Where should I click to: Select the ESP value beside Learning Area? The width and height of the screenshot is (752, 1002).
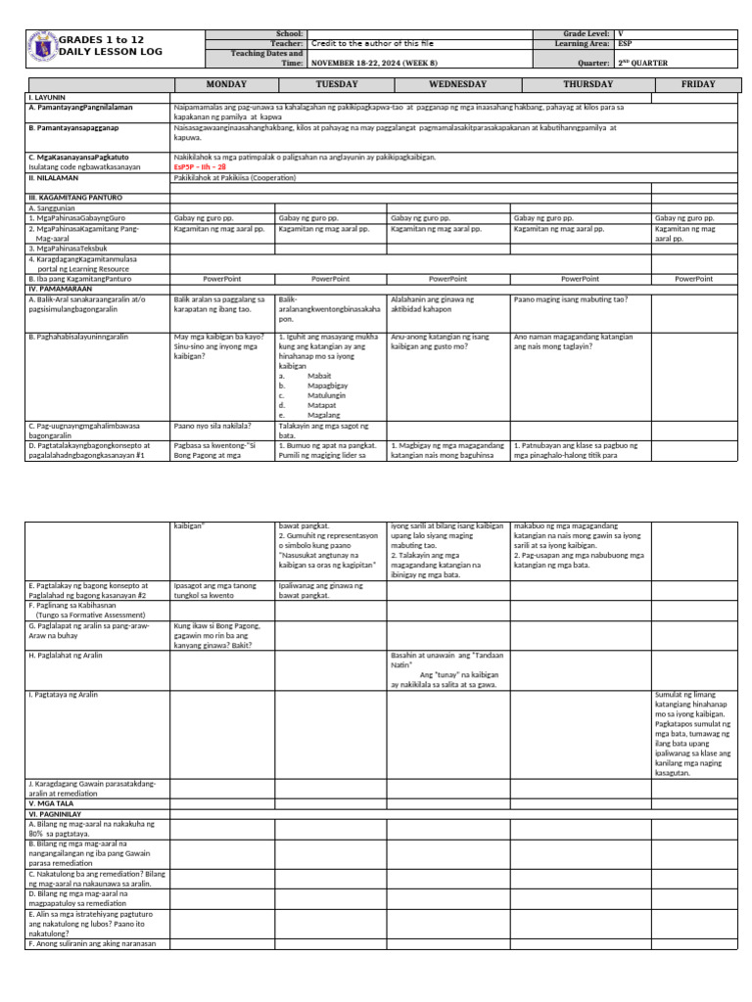(625, 43)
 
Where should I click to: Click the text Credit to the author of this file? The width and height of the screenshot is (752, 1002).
(374, 43)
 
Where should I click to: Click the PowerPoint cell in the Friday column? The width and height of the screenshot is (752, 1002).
(693, 279)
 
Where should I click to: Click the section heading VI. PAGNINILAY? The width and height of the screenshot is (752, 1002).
(61, 812)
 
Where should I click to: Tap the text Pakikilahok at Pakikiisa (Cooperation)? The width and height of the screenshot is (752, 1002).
(240, 178)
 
